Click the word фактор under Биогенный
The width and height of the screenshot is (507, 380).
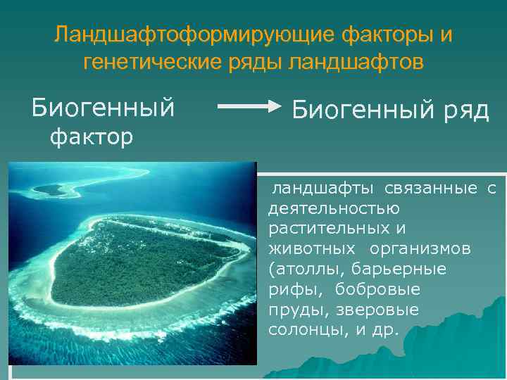click(89, 137)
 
